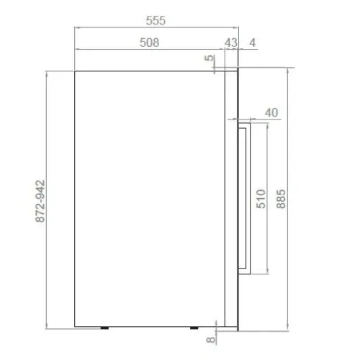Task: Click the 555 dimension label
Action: pos(156,21)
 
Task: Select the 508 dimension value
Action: pos(149,42)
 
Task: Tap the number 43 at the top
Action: pos(231,42)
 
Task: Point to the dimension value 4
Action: pos(253,42)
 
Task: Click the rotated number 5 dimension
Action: pos(210,58)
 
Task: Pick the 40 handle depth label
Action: pos(271,112)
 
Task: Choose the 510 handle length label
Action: pos(261,199)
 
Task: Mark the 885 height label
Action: pos(281,199)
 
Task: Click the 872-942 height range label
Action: pos(40,201)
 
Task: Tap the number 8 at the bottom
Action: pos(211,339)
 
